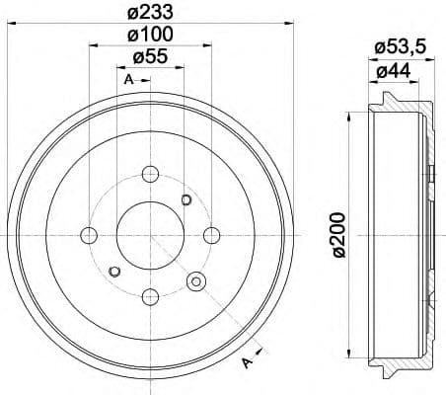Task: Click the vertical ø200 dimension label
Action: click(x=337, y=234)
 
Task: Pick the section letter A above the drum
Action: click(x=128, y=79)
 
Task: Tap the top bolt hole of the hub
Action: click(x=151, y=175)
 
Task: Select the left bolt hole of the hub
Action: click(x=90, y=235)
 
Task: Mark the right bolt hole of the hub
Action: click(x=211, y=235)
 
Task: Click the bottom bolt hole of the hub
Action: click(x=151, y=295)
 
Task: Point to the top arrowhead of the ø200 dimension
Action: click(x=349, y=112)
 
